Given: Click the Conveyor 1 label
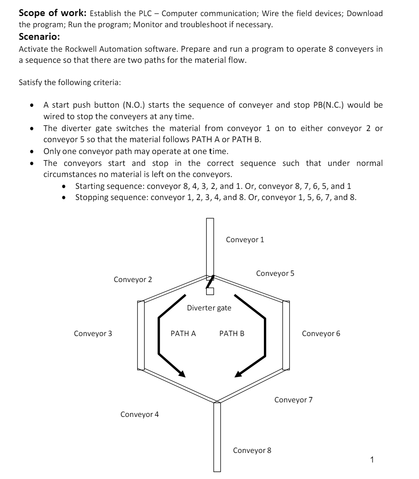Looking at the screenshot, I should point(245,240).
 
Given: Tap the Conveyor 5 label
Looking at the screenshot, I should point(275,273).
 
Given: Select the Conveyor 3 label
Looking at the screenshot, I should point(93,333).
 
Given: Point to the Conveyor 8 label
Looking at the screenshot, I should point(252,450).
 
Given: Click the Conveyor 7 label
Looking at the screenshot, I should point(293,400).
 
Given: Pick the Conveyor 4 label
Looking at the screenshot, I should point(139,414).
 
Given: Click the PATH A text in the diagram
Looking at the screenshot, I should point(183,333).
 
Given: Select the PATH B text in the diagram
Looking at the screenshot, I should point(232,333).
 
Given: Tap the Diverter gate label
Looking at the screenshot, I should point(209,308).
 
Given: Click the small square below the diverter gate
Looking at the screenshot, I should point(209,291).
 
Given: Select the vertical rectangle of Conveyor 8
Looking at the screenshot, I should point(217,437).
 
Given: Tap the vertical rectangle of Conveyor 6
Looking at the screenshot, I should point(286,335).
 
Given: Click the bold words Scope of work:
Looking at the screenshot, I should point(52,13).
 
